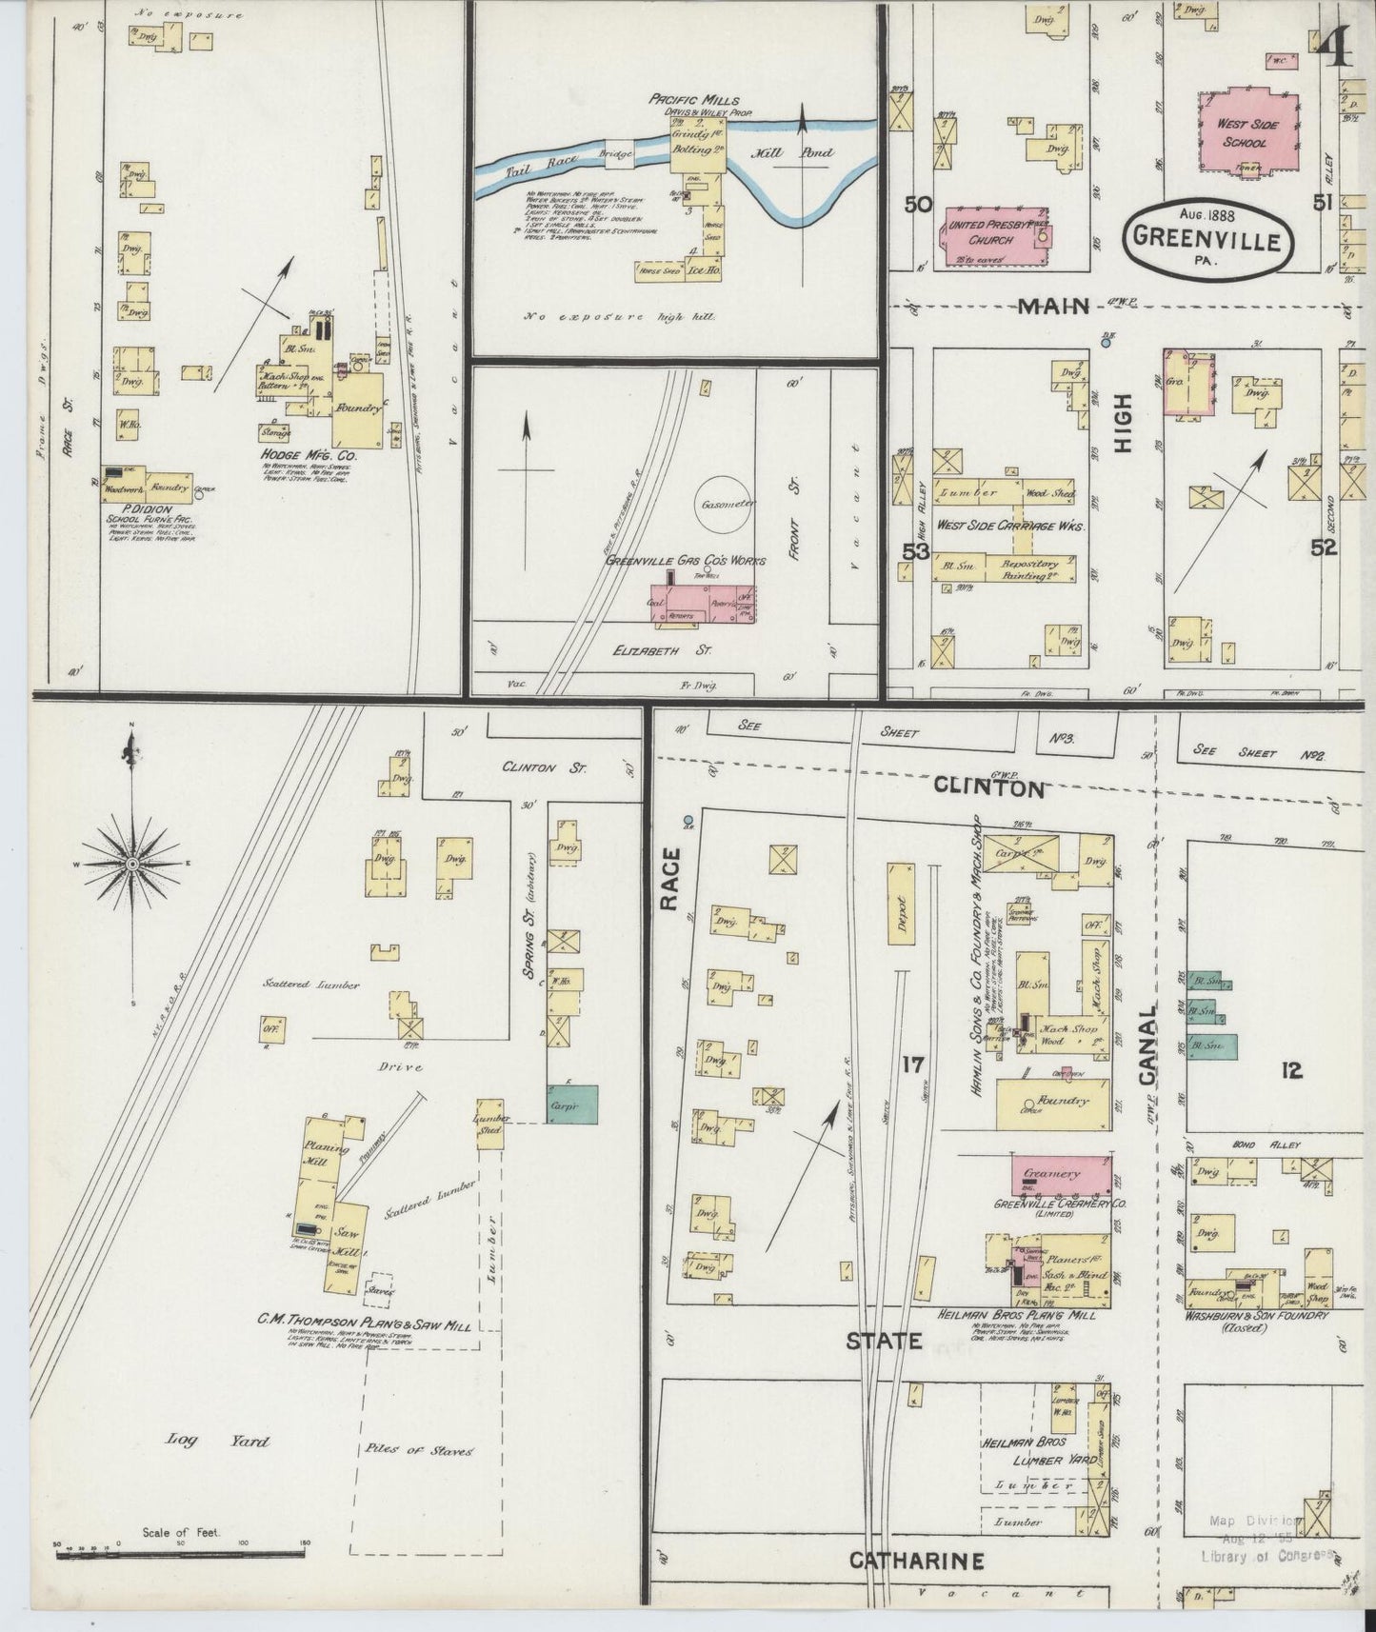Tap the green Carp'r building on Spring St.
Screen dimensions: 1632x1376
pyautogui.click(x=571, y=1104)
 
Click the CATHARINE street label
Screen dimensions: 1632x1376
pyautogui.click(x=915, y=1561)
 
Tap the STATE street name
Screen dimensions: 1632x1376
pyautogui.click(x=885, y=1342)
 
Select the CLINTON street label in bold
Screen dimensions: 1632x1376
pyautogui.click(x=988, y=788)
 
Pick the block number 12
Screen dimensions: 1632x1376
pyautogui.click(x=1292, y=1071)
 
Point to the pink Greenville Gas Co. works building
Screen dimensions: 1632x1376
pyautogui.click(x=703, y=606)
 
